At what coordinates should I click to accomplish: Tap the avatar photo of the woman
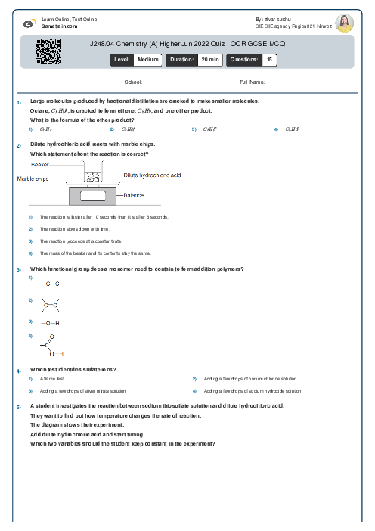click(344, 23)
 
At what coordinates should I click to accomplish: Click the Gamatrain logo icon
click(28, 23)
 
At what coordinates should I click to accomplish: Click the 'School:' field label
click(134, 81)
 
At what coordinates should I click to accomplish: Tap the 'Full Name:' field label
click(252, 81)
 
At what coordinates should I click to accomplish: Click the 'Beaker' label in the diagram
click(40, 164)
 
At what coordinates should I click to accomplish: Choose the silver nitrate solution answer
click(82, 391)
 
